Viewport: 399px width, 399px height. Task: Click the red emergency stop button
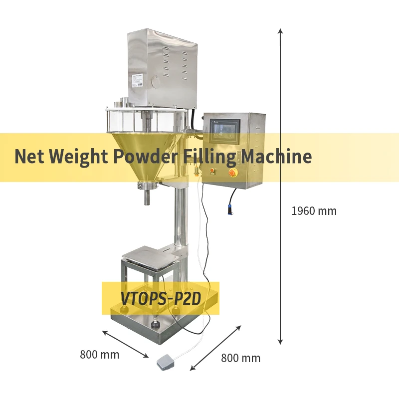pyautogui.click(x=233, y=173)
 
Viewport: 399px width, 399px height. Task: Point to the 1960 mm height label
pyautogui.click(x=314, y=211)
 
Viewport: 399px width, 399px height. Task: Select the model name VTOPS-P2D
pyautogui.click(x=161, y=298)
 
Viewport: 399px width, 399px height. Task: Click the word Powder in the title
pyautogui.click(x=144, y=157)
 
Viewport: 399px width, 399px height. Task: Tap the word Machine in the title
pyautogui.click(x=277, y=157)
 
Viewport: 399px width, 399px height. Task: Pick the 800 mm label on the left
pyautogui.click(x=100, y=355)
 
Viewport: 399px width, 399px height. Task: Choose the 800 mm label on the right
pyautogui.click(x=240, y=358)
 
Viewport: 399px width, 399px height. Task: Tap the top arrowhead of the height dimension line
pyautogui.click(x=281, y=31)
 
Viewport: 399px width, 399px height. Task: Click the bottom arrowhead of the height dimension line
pyautogui.click(x=281, y=342)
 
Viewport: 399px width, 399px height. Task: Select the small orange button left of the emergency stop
pyautogui.click(x=212, y=171)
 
